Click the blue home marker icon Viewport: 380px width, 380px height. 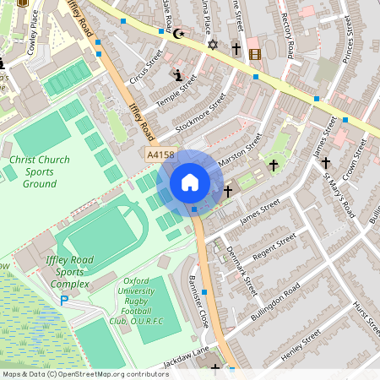pyautogui.click(x=190, y=182)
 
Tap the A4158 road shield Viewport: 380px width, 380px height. pyautogui.click(x=160, y=155)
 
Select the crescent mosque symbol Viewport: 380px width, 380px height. pyautogui.click(x=177, y=35)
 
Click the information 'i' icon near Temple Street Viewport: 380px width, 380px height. pyautogui.click(x=177, y=75)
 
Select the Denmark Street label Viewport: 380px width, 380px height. pyautogui.click(x=244, y=272)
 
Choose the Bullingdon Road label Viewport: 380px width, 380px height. pyautogui.click(x=269, y=301)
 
